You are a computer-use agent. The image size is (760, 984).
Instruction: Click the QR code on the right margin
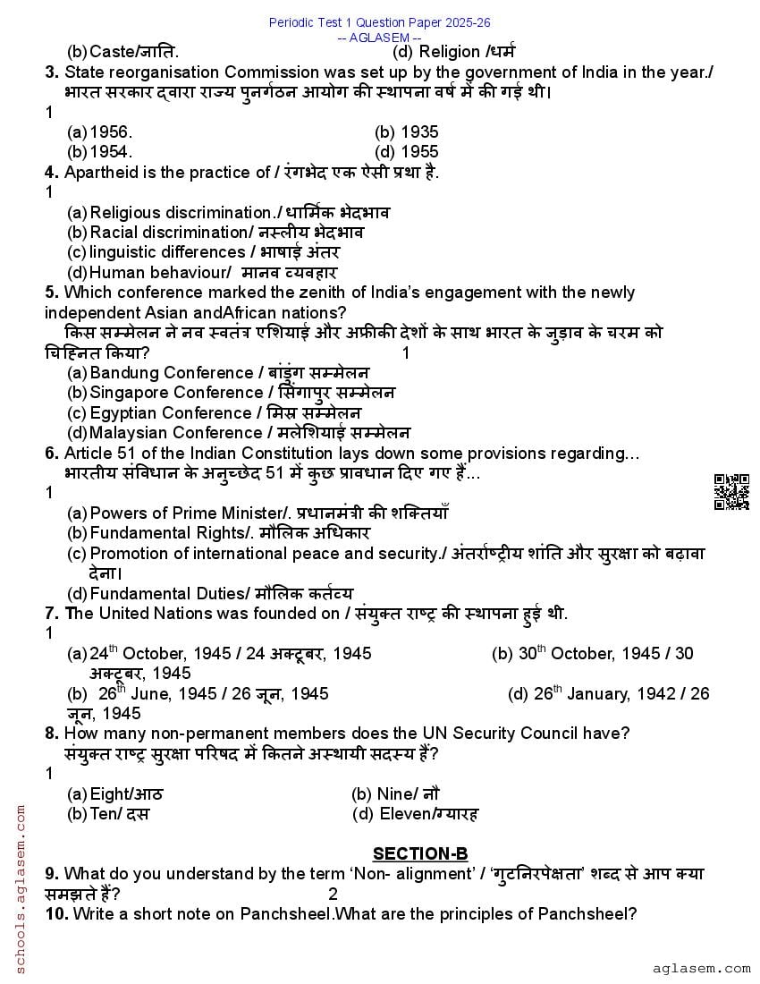[730, 492]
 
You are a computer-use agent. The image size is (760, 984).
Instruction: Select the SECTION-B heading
[419, 853]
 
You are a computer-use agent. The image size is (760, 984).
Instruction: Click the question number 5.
[52, 293]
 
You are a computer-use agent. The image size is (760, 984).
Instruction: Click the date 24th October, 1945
[152, 654]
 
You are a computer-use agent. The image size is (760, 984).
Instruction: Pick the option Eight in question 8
[111, 793]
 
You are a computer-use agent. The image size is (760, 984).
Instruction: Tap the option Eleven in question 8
[406, 813]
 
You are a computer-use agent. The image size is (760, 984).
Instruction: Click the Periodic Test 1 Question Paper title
[379, 22]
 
